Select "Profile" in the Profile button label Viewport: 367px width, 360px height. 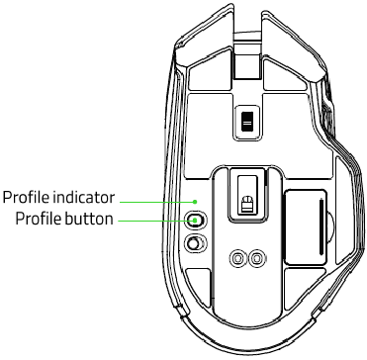point(38,219)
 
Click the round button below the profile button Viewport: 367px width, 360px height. point(196,242)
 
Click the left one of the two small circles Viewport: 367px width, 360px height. point(237,258)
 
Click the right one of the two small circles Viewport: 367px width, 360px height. point(257,258)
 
